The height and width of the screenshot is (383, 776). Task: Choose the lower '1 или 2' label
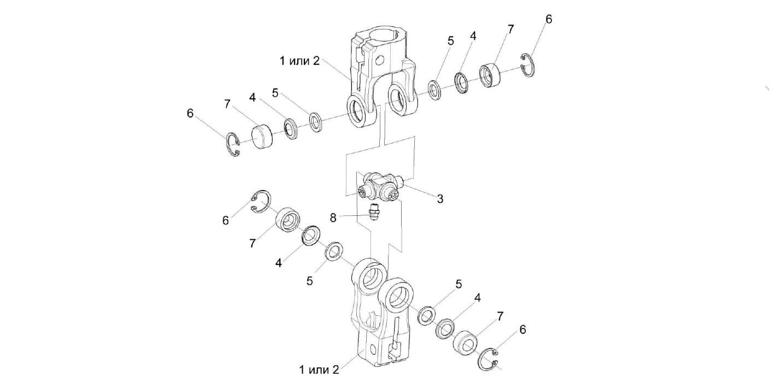[x=319, y=369]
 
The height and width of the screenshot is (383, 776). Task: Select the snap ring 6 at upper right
[x=528, y=65]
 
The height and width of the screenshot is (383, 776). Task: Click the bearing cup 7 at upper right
[x=491, y=74]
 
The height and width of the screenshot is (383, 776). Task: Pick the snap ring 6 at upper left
[x=233, y=147]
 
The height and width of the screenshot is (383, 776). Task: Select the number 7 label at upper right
[x=510, y=30]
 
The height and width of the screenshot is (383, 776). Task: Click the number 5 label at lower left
[x=310, y=281]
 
